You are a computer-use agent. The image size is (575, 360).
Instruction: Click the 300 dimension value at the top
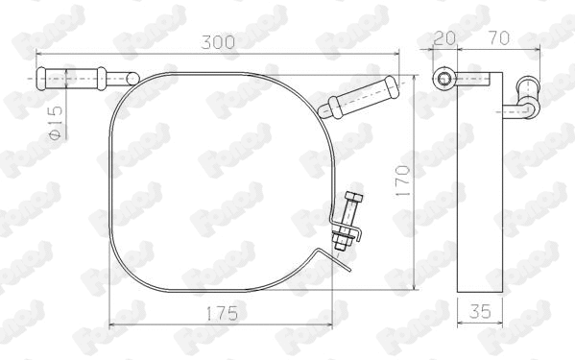pos(218,43)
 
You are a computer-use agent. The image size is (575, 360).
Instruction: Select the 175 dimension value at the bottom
pos(222,313)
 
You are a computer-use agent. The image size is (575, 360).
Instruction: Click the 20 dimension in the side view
pos(443,40)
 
